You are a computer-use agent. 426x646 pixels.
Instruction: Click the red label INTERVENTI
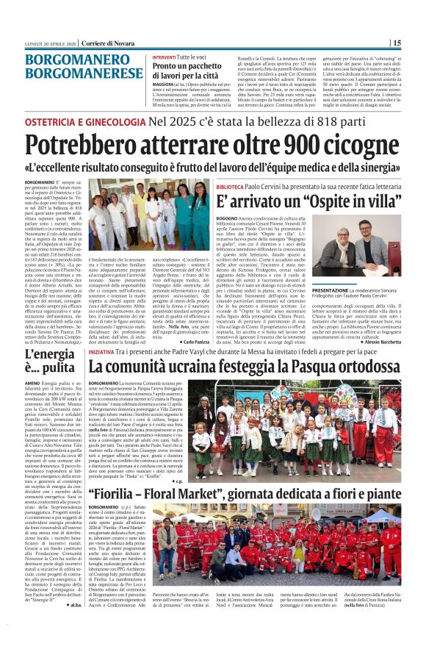(x=164, y=57)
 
